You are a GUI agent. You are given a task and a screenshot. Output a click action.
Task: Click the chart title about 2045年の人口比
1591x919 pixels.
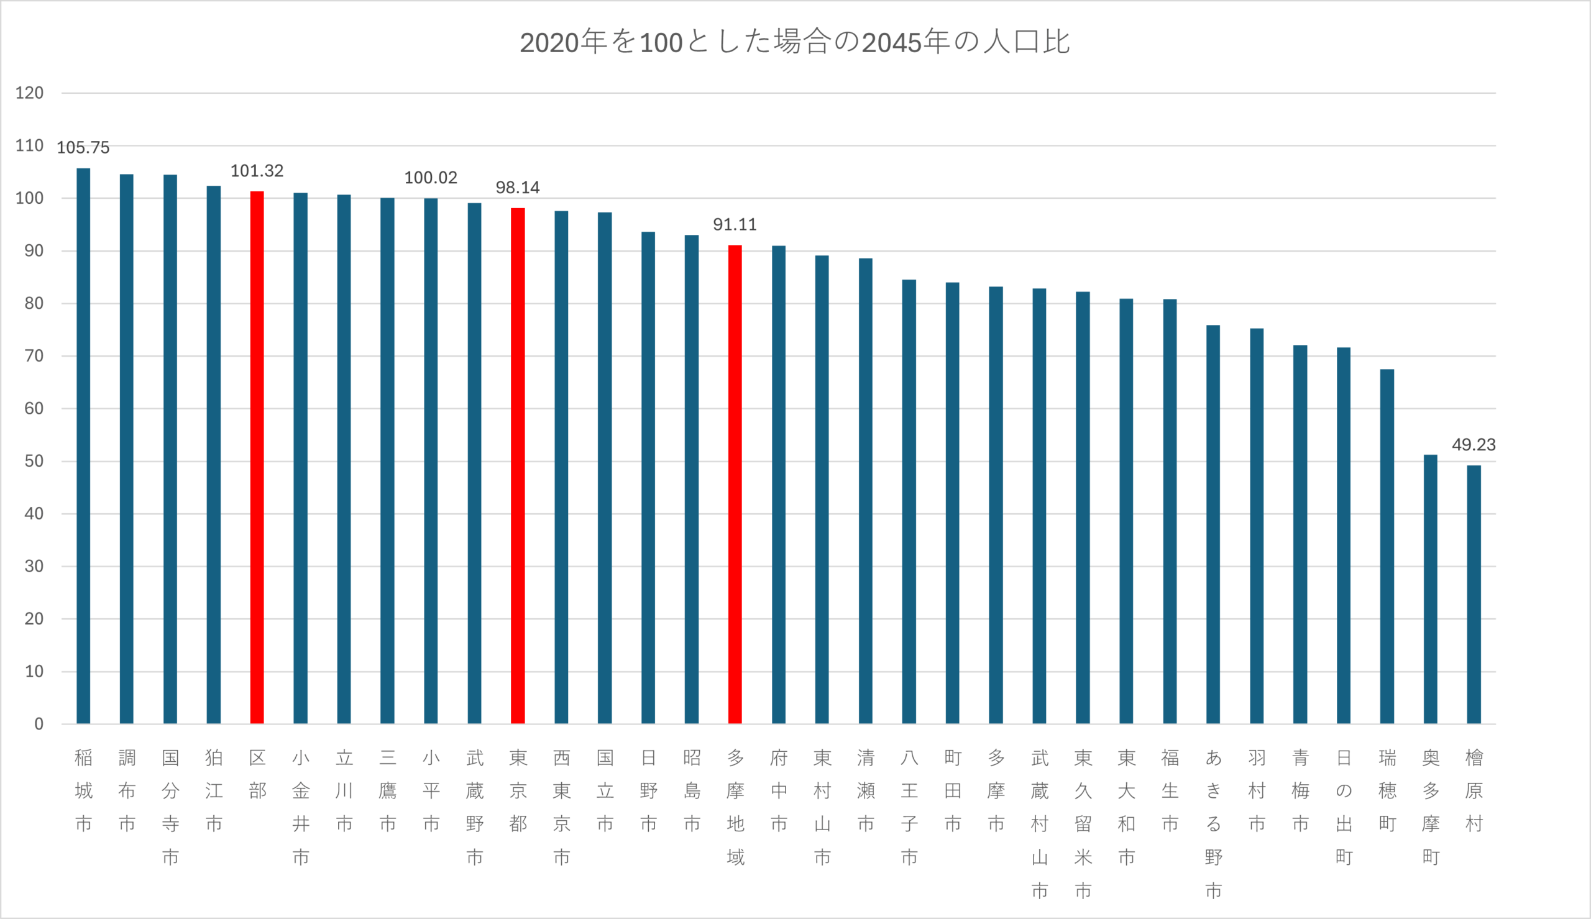794,42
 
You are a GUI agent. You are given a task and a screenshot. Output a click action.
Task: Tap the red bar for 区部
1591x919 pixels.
257,457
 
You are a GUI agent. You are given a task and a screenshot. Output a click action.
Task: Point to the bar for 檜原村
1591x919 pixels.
1474,594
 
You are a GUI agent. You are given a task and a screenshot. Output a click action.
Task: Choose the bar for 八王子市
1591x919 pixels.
909,501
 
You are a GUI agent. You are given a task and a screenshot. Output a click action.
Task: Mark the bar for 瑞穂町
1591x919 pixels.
1387,546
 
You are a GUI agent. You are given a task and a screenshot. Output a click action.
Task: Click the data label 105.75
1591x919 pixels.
83,148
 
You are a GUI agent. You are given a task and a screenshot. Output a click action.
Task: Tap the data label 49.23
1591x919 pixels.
1474,445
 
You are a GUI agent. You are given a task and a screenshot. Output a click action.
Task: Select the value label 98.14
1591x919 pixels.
518,188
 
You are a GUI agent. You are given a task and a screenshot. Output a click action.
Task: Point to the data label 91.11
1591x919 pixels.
735,225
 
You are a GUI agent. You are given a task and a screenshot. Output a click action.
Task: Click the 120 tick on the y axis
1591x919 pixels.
30,93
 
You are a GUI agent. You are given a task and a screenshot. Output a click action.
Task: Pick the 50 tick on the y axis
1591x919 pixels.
34,462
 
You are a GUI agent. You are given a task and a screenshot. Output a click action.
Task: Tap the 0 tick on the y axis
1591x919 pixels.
39,724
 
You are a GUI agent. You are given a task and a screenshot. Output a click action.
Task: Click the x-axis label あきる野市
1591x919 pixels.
1213,824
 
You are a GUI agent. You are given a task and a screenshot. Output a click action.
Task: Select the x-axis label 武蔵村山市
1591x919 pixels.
1039,824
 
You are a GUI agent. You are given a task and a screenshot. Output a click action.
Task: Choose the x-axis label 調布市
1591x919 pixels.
127,790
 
